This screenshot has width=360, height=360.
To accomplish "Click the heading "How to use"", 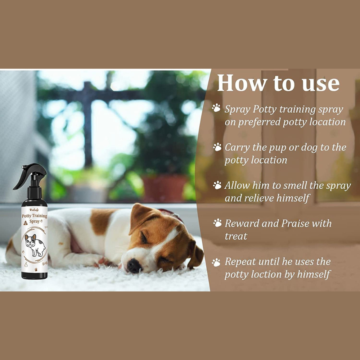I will [278, 83].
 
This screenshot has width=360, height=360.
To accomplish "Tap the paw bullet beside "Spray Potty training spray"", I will [216, 108].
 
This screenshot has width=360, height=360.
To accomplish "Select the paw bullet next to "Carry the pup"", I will [217, 147].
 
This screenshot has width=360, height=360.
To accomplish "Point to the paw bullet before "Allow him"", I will [217, 185].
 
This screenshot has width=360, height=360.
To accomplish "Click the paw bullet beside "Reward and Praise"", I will [217, 223].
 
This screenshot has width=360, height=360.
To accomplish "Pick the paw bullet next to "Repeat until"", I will [216, 262].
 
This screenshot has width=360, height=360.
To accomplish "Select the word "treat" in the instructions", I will [236, 236].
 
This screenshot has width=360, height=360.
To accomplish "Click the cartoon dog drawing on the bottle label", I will [35, 245].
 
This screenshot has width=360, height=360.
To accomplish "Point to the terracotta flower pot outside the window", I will [164, 187].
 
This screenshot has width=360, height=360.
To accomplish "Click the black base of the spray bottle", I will [34, 275].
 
